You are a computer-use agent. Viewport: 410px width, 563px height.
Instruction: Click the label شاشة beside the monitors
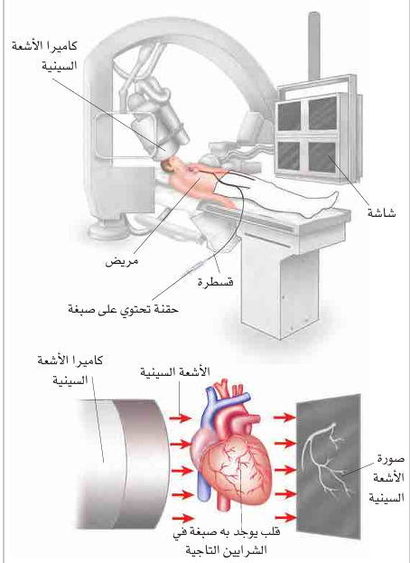381,212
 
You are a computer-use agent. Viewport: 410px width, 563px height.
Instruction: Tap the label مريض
122,261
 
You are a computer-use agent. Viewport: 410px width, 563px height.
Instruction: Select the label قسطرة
215,281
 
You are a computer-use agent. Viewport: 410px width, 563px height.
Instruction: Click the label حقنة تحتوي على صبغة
123,308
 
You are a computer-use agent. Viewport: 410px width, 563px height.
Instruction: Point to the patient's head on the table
168,165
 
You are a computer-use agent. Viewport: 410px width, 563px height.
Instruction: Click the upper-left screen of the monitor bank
290,116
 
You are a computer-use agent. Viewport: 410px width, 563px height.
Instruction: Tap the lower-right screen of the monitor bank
321,157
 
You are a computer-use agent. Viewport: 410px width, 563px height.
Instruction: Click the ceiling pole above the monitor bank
314,47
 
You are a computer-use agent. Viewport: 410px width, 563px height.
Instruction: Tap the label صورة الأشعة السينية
387,478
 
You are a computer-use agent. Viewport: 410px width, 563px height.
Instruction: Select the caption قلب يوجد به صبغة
226,531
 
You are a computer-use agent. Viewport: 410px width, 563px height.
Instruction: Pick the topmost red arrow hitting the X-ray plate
284,417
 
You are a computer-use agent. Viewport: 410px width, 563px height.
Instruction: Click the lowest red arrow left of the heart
183,518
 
